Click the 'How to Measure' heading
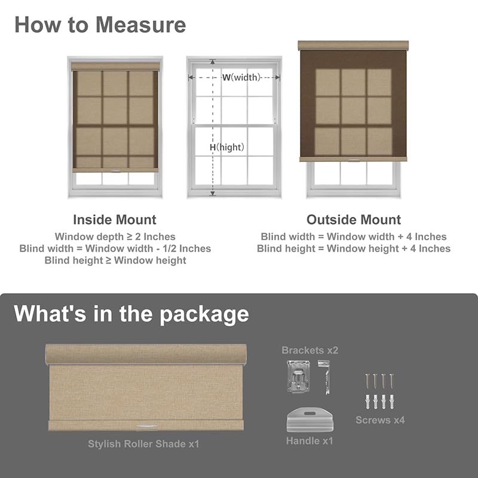point(100,24)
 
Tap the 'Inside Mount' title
point(115,220)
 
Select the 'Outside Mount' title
point(354,220)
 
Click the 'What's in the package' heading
point(131,314)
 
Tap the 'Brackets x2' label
point(310,350)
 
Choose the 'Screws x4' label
point(380,420)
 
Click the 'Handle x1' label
point(310,441)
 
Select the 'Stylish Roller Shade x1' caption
point(143,444)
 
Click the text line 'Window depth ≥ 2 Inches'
point(115,237)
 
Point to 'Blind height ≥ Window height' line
point(115,260)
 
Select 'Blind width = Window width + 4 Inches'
point(354,237)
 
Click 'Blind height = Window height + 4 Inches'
point(354,249)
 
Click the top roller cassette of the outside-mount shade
point(353,46)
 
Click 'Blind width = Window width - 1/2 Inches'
point(115,249)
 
